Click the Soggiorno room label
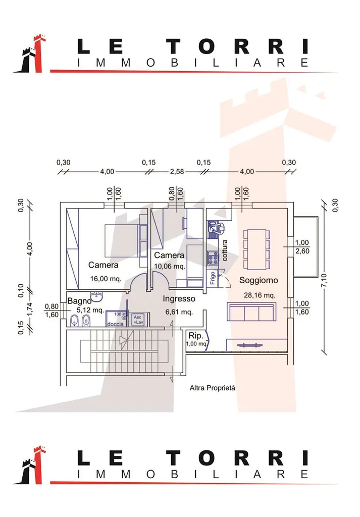tap(259, 280)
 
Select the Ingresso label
tap(179, 298)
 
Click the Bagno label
tap(79, 301)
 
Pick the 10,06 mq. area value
tap(170, 266)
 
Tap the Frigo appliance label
tap(213, 279)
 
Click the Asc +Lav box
tap(138, 320)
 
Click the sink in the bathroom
tap(96, 295)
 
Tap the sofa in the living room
tap(251, 312)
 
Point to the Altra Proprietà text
tap(213, 388)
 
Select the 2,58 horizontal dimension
tap(176, 172)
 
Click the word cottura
tap(225, 250)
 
